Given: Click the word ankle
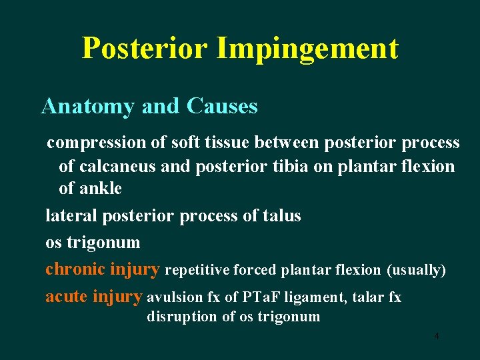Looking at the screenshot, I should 101,189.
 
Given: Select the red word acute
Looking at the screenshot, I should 67,297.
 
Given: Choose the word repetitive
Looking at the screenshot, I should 198,271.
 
